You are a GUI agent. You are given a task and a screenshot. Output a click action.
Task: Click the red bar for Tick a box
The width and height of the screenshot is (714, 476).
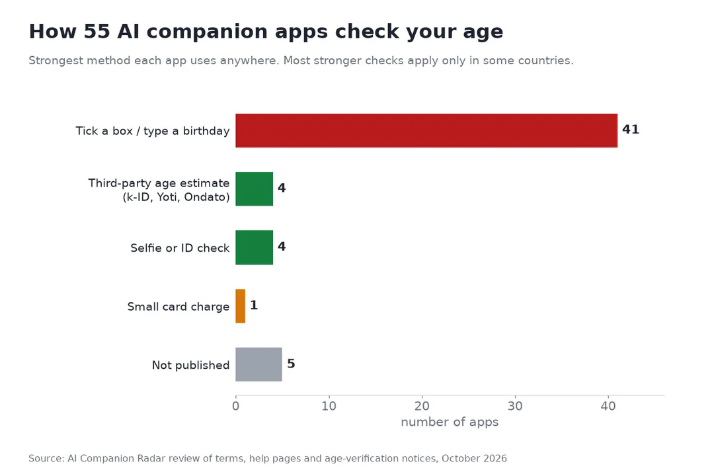426,131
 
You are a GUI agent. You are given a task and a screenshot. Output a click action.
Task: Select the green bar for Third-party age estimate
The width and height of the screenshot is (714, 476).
254,189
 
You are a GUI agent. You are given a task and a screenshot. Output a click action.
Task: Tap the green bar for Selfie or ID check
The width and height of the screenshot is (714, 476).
254,247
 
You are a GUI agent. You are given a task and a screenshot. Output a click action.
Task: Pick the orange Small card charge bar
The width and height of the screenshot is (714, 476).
241,306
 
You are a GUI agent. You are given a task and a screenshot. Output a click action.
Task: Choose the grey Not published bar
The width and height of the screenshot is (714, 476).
258,364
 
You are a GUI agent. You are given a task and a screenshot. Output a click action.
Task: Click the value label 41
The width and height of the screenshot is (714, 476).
631,130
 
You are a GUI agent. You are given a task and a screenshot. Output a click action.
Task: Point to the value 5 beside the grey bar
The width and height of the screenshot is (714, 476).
291,364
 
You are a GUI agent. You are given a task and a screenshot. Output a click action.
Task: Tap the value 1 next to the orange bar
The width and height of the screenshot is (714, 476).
254,305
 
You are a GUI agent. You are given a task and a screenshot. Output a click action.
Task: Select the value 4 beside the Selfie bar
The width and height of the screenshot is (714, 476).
282,247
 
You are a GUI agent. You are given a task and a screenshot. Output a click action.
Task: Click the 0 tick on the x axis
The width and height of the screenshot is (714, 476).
235,406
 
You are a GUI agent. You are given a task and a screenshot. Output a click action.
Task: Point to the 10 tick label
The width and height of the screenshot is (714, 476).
329,406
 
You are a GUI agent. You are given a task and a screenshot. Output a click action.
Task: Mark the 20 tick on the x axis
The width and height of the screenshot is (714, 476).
422,406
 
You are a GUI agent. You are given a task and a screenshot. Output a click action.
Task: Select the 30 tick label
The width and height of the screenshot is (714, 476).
515,406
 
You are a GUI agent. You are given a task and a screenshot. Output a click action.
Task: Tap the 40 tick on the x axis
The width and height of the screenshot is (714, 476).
608,406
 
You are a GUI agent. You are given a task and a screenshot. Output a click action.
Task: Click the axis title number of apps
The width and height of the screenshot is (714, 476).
450,422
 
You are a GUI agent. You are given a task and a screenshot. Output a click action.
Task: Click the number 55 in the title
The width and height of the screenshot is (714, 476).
97,32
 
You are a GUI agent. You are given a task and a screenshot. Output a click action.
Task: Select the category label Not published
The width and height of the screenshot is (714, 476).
191,366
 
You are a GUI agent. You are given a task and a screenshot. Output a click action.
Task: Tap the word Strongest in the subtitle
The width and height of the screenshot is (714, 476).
56,61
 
